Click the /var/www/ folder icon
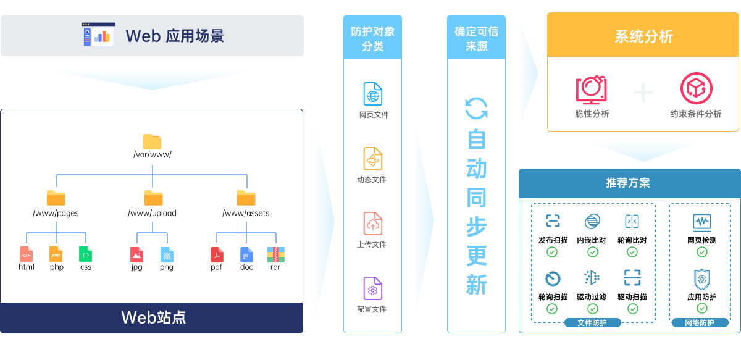point(152,141)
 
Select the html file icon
point(26,254)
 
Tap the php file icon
point(56,254)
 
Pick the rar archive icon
point(275,254)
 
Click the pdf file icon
point(217,254)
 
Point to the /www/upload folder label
point(152,213)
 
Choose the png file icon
point(167,254)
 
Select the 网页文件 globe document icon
point(372,94)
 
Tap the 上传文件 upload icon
point(372,224)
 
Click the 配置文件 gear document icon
point(372,288)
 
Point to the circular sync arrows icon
point(476,109)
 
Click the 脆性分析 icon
point(591,90)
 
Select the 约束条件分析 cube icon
point(696,89)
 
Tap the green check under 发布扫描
point(553,252)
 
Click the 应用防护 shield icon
point(702,279)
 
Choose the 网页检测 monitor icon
point(702,222)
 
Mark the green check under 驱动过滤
point(592,309)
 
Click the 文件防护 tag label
point(592,323)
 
